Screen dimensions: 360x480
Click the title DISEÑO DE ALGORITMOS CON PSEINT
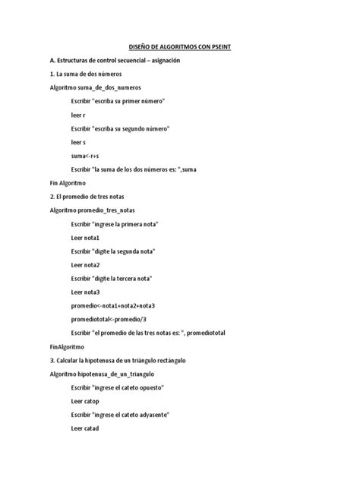coord(179,47)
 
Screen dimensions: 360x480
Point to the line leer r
coord(78,115)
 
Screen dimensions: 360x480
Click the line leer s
coord(78,142)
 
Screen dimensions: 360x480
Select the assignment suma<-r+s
coord(86,156)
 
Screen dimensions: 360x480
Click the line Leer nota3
coord(86,292)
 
